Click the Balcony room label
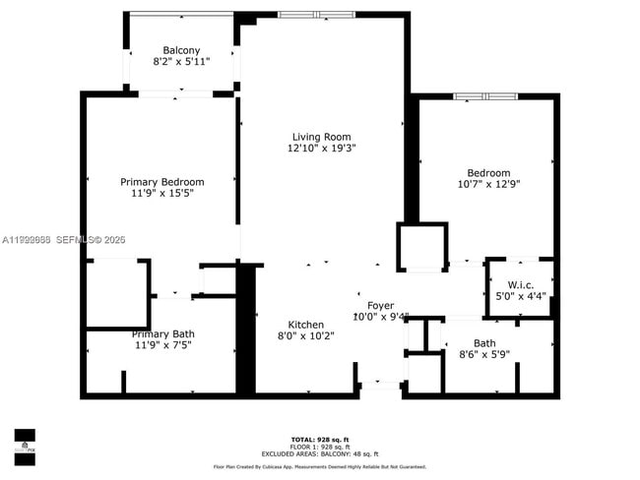point(181,50)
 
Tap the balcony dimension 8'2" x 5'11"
point(181,62)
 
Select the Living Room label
point(321,137)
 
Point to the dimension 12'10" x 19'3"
point(321,149)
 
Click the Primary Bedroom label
point(162,182)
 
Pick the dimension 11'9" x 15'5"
point(162,194)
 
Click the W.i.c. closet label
point(520,283)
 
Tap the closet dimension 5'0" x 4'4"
point(520,295)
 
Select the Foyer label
point(380,306)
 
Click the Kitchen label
point(305,325)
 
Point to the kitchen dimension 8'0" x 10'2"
point(305,336)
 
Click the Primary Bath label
point(163,334)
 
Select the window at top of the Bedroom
point(484,96)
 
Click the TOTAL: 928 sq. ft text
point(320,439)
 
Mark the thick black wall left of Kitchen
point(246,330)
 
